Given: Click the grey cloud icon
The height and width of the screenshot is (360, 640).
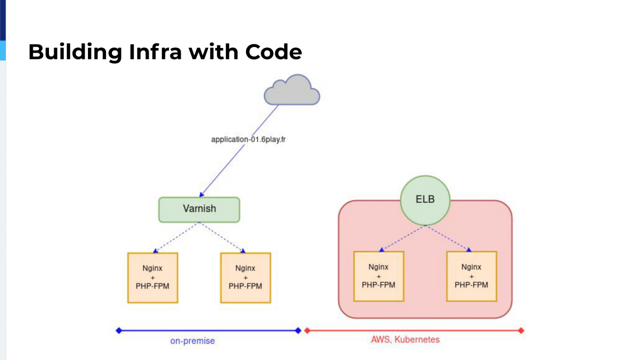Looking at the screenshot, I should pyautogui.click(x=292, y=91).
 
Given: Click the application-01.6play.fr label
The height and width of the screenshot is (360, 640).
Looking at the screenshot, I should pyautogui.click(x=248, y=139).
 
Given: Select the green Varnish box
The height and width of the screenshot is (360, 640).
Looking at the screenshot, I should pyautogui.click(x=199, y=209).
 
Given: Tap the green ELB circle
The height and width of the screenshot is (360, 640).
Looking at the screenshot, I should pyautogui.click(x=425, y=199).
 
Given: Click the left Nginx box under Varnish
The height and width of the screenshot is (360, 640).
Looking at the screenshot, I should pyautogui.click(x=152, y=277).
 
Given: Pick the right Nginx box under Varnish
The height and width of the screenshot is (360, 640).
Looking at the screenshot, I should pyautogui.click(x=245, y=277).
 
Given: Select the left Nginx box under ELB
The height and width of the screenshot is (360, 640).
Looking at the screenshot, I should pyautogui.click(x=378, y=276).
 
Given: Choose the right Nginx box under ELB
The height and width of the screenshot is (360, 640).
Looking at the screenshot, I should pyautogui.click(x=471, y=276).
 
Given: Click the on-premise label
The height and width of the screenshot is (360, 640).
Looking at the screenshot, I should pyautogui.click(x=192, y=341).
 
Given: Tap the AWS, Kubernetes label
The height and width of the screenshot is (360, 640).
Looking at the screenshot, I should pyautogui.click(x=405, y=339).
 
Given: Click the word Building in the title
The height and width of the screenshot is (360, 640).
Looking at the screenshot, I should pyautogui.click(x=75, y=52).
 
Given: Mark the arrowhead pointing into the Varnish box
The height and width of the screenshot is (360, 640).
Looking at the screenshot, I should pyautogui.click(x=201, y=194).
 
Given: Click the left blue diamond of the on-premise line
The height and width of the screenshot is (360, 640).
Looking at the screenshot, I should pyautogui.click(x=118, y=330).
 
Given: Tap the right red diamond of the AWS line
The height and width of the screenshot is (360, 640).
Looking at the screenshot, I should pyautogui.click(x=521, y=330).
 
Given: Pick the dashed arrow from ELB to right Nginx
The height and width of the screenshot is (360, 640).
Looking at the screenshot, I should pyautogui.click(x=448, y=238).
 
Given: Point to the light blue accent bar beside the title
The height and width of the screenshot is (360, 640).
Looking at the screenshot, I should pyautogui.click(x=2, y=50).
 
